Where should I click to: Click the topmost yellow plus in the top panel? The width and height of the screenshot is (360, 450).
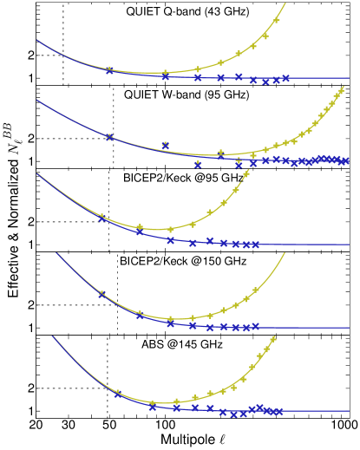[x=277, y=21]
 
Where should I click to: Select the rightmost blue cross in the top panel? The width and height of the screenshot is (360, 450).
[x=285, y=78]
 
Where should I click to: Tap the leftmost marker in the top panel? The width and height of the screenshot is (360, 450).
[x=109, y=70]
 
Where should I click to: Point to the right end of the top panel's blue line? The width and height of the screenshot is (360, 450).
[x=349, y=78]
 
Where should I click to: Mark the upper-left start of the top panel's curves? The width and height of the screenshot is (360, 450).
[x=36, y=39]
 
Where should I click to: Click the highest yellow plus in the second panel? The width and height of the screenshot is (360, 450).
[x=341, y=89]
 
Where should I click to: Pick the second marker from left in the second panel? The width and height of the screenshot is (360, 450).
[x=165, y=146]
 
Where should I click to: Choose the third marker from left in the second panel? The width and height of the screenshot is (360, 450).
[x=198, y=164]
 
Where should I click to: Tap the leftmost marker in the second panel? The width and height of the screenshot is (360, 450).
[x=109, y=137]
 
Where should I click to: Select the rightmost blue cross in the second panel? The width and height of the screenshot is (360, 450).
[x=345, y=160]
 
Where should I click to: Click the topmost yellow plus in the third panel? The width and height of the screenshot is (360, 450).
[x=246, y=173]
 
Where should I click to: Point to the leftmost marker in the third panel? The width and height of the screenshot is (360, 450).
[x=101, y=218]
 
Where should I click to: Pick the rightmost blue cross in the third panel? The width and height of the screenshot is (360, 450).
[x=255, y=245]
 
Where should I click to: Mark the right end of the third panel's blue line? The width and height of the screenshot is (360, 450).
[x=349, y=245]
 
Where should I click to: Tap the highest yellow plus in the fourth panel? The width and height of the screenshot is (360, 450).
[x=255, y=290]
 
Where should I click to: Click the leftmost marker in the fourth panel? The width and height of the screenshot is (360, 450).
[x=101, y=294]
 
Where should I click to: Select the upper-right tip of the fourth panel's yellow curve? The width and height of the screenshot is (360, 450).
[x=285, y=253]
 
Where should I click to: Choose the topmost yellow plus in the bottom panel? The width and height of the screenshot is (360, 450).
[x=273, y=339]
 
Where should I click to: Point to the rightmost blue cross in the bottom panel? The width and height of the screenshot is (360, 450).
[x=279, y=412]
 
